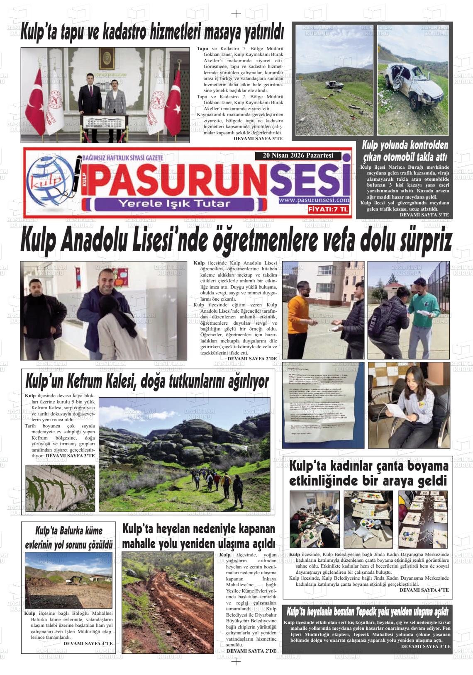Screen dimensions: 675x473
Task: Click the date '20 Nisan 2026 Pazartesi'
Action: (297, 156)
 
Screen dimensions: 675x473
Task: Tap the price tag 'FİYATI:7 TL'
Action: (328, 210)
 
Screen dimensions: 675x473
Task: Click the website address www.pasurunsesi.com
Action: (314, 200)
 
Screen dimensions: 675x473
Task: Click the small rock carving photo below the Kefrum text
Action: (60, 488)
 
